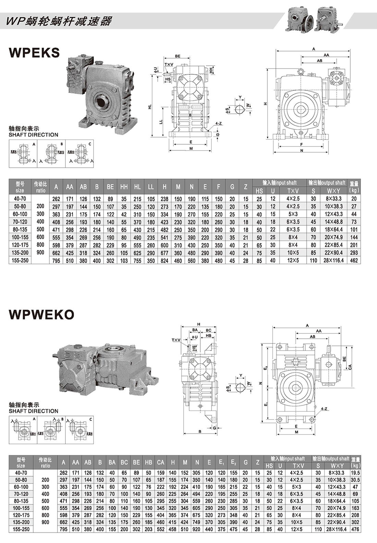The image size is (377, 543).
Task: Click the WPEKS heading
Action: (x=34, y=52)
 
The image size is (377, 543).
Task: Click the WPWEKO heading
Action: (x=41, y=315)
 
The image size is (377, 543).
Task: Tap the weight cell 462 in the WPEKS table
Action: (x=354, y=260)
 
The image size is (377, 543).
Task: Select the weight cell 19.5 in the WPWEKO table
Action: (x=355, y=473)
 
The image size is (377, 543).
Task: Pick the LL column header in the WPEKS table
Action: (x=151, y=187)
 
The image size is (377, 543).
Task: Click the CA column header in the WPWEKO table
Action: (x=160, y=462)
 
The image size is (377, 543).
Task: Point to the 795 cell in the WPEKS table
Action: (x=56, y=260)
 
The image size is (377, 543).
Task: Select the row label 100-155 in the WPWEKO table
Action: (x=21, y=508)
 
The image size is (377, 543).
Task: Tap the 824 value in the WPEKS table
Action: (x=165, y=260)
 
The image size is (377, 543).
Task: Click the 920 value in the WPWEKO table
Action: (x=197, y=529)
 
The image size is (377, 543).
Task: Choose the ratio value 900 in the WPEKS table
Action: (x=40, y=252)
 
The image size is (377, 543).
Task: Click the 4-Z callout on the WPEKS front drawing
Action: (x=218, y=123)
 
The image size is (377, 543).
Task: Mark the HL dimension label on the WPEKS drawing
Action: (x=149, y=107)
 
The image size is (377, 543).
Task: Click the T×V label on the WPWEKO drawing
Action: (x=176, y=340)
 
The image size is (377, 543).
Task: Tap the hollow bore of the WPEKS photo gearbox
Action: (x=102, y=102)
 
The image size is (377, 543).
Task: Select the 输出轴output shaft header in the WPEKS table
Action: (x=327, y=183)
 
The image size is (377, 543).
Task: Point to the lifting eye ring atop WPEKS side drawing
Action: (x=301, y=71)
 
